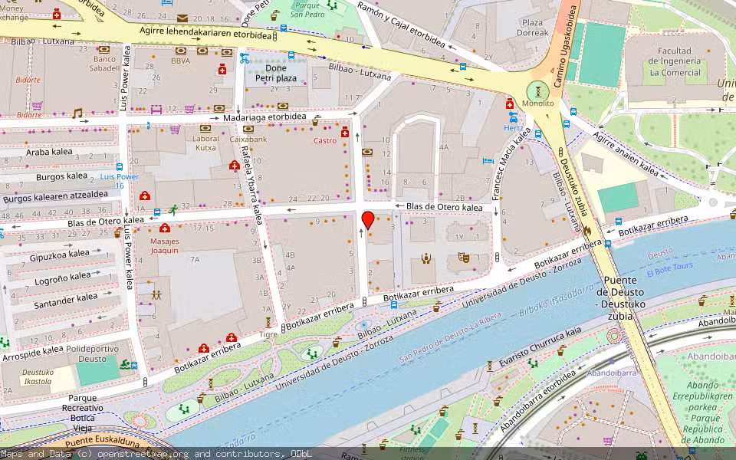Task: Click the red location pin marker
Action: (x=368, y=220)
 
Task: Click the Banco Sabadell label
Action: (x=104, y=64)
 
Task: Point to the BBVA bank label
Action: (x=181, y=61)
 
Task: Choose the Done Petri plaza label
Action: (x=275, y=73)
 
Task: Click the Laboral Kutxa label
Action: (x=205, y=143)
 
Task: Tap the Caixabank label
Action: (x=248, y=140)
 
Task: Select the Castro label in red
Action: (x=325, y=141)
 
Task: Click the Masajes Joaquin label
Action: (x=164, y=245)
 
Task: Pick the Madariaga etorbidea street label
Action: (x=267, y=119)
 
